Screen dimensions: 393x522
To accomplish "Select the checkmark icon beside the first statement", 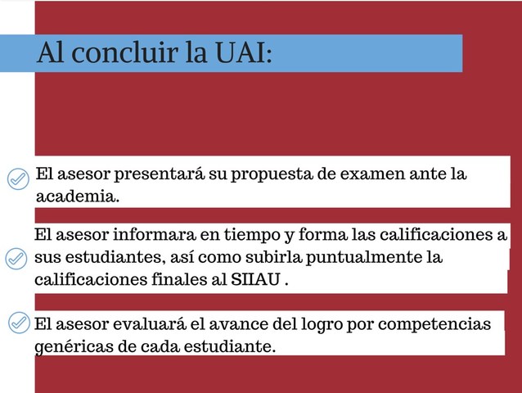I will pyautogui.click(x=17, y=178).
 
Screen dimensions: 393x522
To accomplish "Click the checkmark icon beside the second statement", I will pyautogui.click(x=16, y=259).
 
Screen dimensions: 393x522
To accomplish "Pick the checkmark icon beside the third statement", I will pyautogui.click(x=17, y=323).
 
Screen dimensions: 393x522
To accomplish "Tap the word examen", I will pyautogui.click(x=381, y=175).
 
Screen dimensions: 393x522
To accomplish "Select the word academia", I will pyautogui.click(x=78, y=197).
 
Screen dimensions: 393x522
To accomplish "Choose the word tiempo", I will pyautogui.click(x=248, y=236).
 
